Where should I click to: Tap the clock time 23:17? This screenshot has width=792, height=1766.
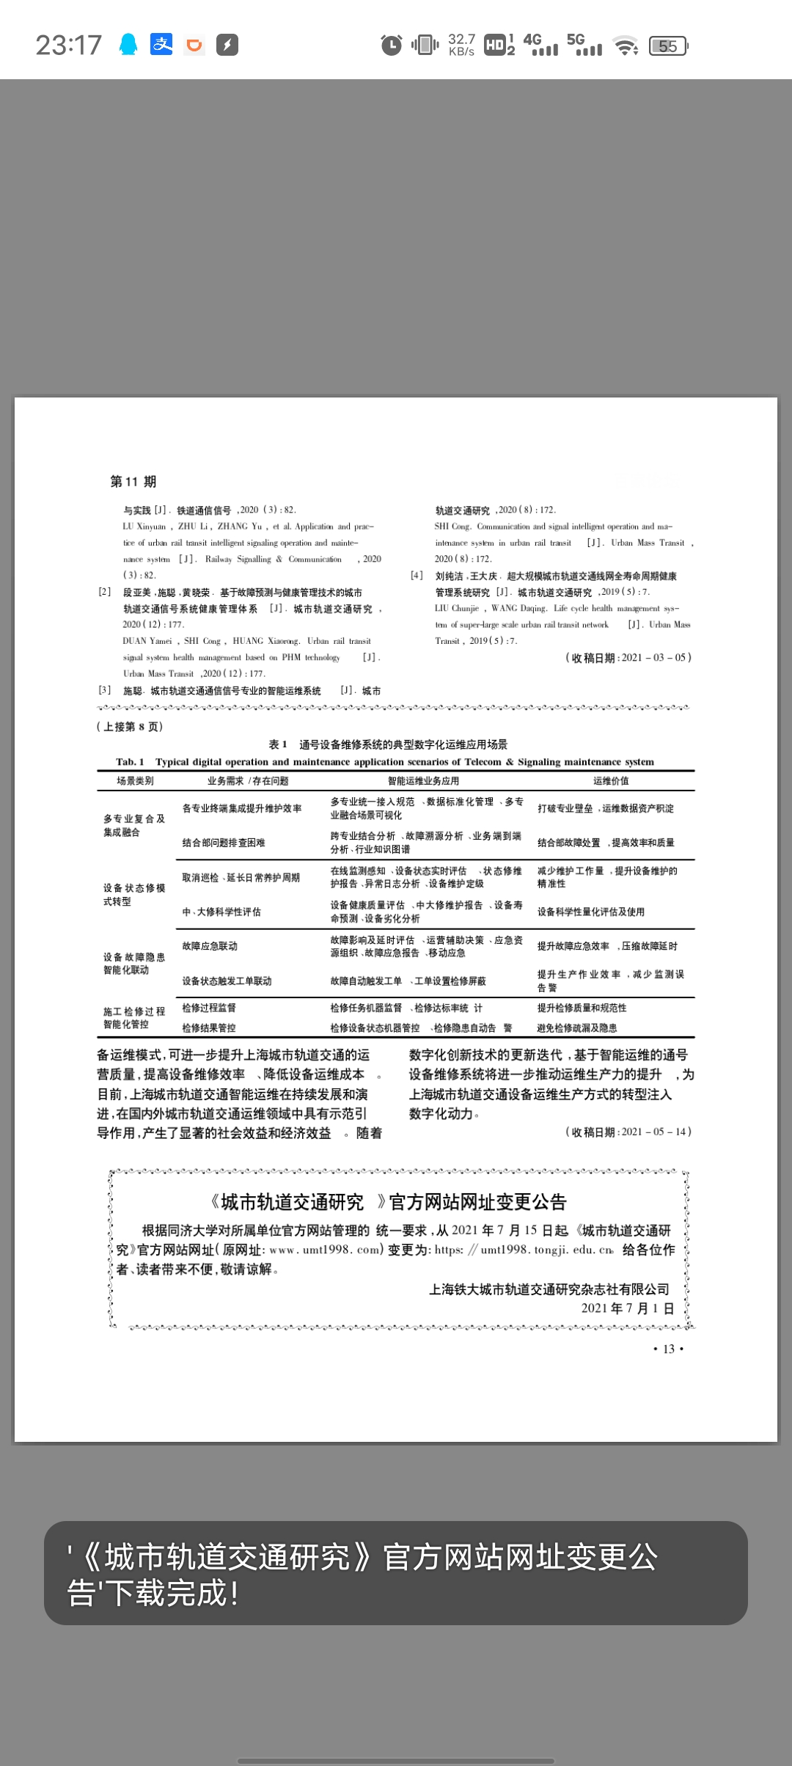(68, 45)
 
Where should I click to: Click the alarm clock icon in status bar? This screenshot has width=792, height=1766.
(392, 45)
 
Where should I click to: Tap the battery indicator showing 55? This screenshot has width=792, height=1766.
(668, 46)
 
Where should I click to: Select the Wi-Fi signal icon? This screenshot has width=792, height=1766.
(626, 46)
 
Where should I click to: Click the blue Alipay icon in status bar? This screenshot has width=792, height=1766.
(161, 45)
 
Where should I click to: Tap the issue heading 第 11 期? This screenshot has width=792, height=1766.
(133, 482)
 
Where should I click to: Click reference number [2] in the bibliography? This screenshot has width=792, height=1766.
(105, 592)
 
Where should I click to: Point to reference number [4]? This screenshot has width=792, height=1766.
(417, 576)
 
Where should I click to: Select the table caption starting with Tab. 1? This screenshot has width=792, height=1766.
(384, 762)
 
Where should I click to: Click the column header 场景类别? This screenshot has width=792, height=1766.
(135, 781)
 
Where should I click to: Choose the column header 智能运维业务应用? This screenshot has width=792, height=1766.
(423, 781)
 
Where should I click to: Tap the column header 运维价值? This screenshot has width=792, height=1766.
(611, 781)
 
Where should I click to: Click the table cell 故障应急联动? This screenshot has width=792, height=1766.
(210, 946)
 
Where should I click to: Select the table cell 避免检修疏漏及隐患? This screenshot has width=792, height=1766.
(577, 1028)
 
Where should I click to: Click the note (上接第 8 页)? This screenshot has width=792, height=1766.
(130, 727)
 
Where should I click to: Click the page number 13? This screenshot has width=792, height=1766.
(668, 1349)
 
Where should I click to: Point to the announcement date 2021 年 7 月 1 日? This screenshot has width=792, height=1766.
(627, 1308)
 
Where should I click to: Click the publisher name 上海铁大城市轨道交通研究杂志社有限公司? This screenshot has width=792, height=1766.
(549, 1289)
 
